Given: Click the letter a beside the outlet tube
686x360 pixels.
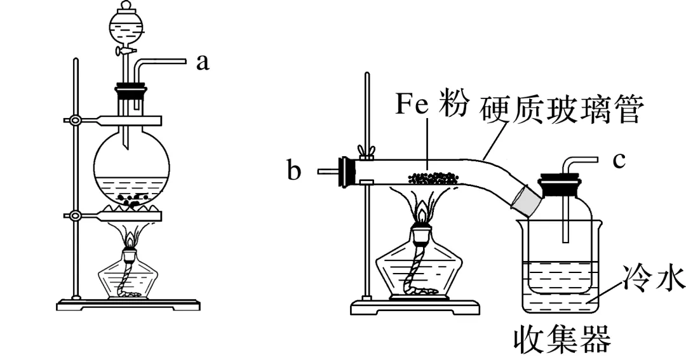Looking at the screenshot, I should [x=202, y=62].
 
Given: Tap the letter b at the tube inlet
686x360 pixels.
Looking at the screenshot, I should [x=293, y=171].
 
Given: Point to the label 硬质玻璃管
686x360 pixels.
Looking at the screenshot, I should [x=563, y=109].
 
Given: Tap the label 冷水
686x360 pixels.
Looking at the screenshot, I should [x=649, y=279].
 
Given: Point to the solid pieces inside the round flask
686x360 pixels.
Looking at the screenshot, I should [x=133, y=199].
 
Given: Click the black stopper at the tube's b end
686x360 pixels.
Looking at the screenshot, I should [x=347, y=171].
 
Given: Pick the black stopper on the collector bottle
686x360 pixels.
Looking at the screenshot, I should [x=559, y=185].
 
